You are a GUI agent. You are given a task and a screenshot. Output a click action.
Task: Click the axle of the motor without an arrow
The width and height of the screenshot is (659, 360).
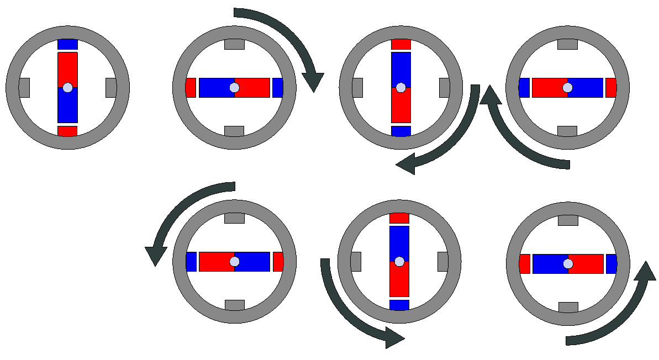click(67, 87)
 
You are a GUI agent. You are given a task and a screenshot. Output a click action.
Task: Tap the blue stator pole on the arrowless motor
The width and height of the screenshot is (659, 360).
click(67, 44)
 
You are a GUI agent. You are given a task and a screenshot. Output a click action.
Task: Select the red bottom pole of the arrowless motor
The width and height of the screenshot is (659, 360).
click(67, 131)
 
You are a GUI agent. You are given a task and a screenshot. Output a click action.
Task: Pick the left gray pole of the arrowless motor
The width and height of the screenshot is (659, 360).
click(24, 87)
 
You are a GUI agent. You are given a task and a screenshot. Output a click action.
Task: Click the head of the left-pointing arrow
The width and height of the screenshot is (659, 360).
click(406, 164)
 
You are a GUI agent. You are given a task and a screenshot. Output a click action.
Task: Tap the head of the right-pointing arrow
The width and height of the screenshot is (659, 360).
click(394, 337)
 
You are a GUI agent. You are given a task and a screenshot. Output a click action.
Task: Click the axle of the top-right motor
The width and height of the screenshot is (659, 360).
click(567, 87)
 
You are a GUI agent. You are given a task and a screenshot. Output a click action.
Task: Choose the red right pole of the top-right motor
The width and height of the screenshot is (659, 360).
click(611, 87)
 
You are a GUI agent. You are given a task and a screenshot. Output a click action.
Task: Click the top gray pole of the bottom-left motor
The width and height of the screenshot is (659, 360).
click(234, 218)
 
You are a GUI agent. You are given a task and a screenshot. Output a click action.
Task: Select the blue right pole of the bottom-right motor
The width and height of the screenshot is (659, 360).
click(611, 264)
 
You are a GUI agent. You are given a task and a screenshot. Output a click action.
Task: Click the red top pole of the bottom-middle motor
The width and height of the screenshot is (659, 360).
click(399, 218)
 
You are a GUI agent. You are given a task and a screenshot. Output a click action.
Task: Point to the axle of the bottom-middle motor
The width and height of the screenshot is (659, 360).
click(399, 261)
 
